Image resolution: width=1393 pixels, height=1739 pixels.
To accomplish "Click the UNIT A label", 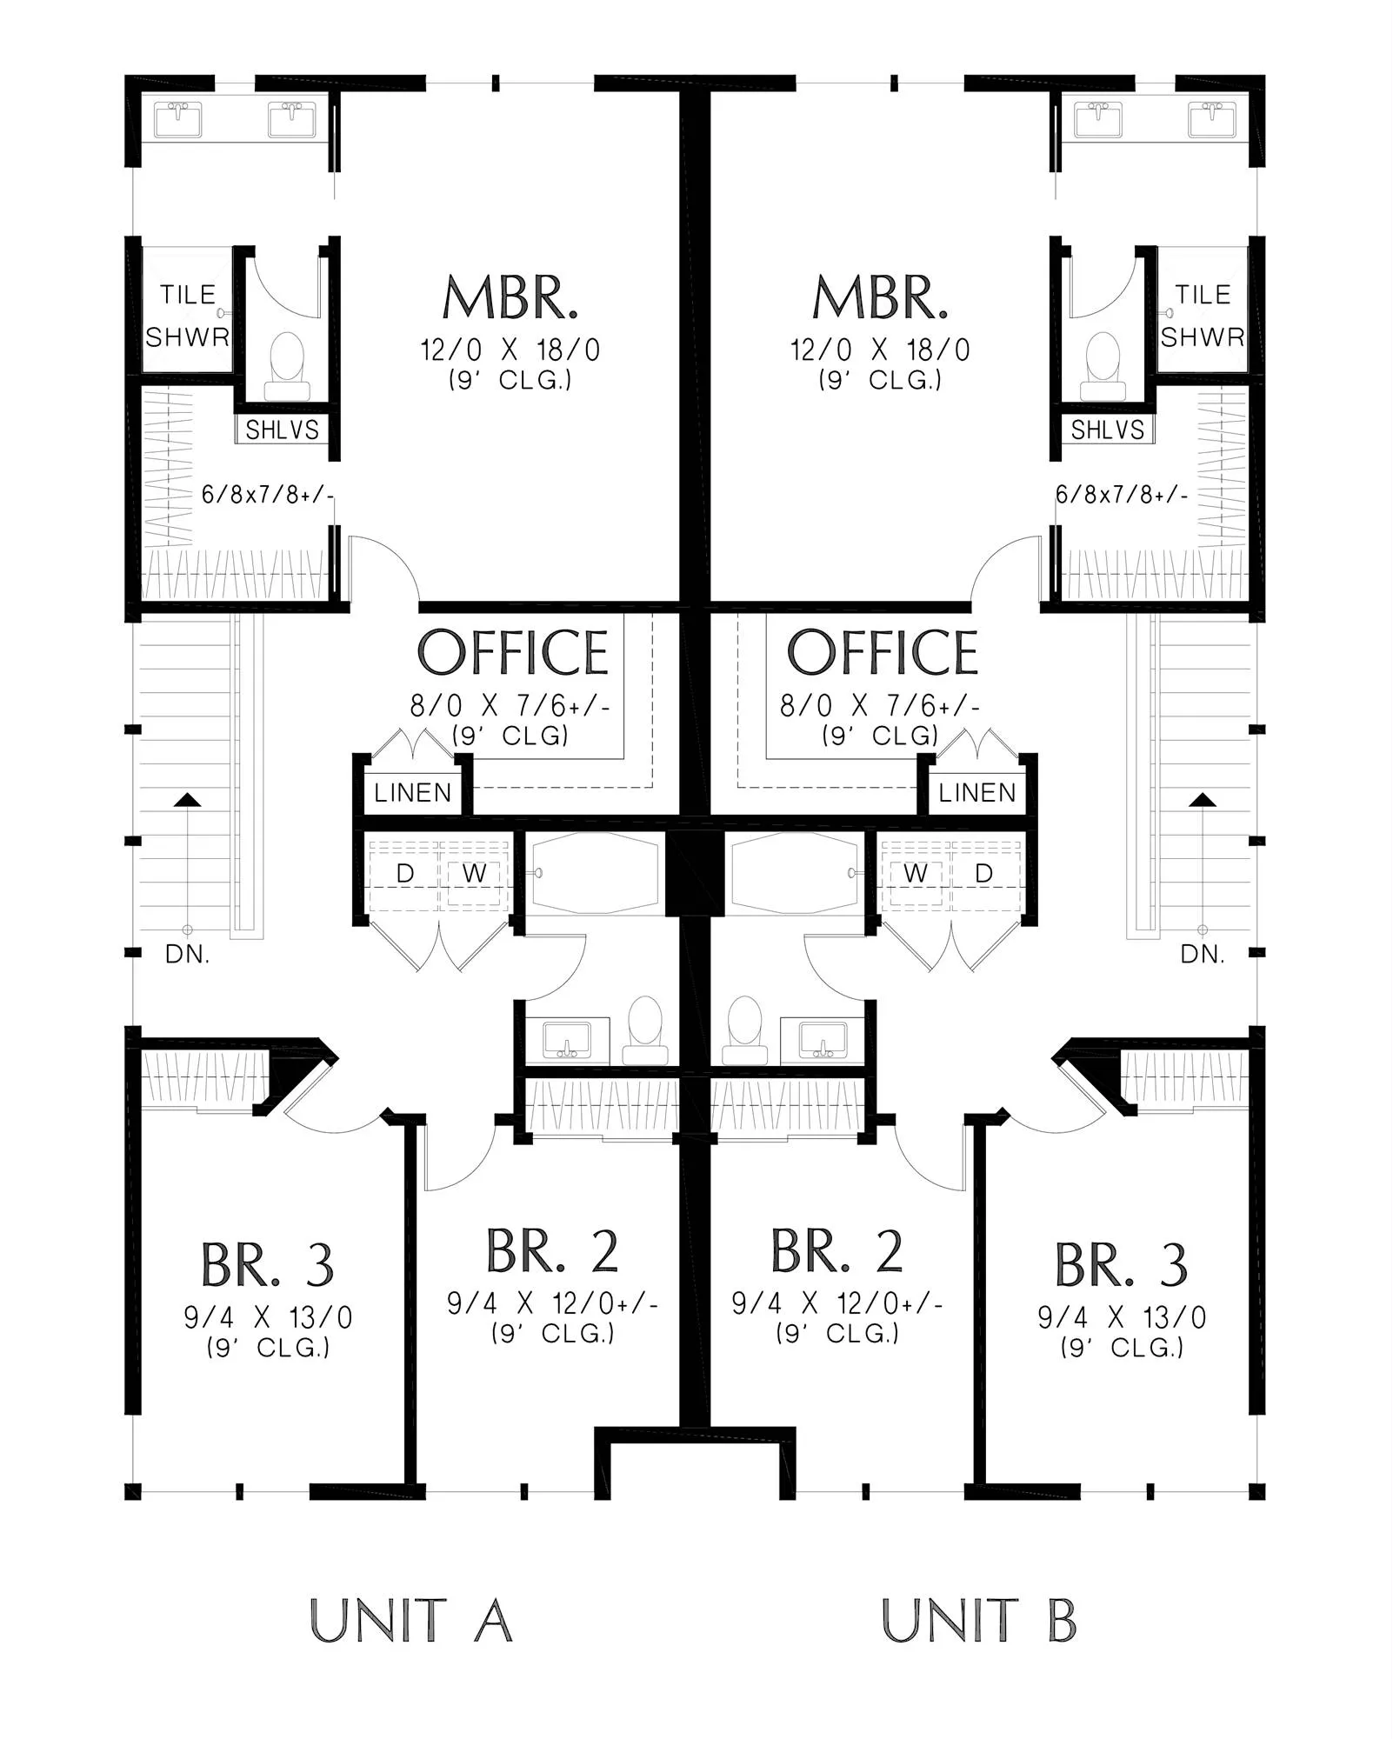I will click(x=410, y=1620).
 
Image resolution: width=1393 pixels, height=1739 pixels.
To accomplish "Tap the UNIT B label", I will click(x=979, y=1620).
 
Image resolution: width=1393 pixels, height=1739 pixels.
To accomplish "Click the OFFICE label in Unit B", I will click(x=882, y=653).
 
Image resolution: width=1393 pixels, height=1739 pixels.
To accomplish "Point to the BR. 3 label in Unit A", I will click(x=267, y=1265).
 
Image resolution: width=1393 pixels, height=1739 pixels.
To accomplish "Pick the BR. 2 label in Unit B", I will click(x=836, y=1251).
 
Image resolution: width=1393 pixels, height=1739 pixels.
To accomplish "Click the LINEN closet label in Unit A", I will click(x=413, y=793).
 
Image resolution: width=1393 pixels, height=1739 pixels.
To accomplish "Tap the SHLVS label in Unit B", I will click(x=1107, y=430).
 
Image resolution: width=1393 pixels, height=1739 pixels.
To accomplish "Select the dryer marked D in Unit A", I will click(x=405, y=873).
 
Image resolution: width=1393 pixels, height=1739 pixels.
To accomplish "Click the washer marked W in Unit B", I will click(x=915, y=873).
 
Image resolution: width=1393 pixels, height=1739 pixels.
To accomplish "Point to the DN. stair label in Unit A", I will click(x=187, y=955).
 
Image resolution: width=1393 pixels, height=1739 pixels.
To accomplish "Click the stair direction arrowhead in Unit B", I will click(x=1203, y=799).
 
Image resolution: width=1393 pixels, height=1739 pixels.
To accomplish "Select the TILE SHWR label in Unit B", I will click(x=1203, y=316).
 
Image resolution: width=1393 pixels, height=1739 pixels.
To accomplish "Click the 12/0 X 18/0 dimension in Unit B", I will click(x=880, y=350).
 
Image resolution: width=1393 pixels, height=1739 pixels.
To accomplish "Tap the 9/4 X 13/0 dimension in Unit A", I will click(x=268, y=1318).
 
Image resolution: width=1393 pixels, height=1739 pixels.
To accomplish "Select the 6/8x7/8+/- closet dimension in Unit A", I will click(x=268, y=495).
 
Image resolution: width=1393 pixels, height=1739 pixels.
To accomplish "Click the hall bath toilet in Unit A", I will click(x=645, y=1030).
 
